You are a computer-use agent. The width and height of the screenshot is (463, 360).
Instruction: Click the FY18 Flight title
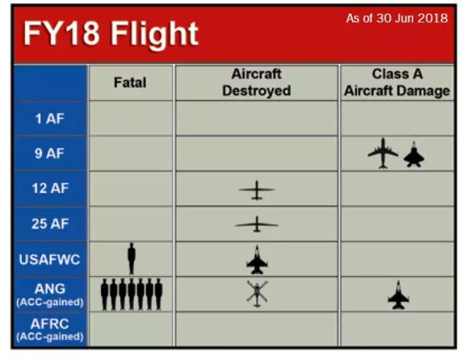tap(110, 34)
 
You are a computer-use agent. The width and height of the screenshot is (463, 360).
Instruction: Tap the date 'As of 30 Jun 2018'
tap(397, 18)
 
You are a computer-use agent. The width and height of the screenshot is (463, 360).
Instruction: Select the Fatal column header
tap(130, 83)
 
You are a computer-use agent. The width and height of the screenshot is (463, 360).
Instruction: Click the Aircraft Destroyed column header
tap(256, 83)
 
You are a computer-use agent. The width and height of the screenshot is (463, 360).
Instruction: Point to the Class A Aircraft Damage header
tap(397, 83)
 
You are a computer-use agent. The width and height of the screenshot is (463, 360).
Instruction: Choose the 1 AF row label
tap(49, 119)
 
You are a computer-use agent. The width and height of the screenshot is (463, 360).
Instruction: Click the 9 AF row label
tap(49, 153)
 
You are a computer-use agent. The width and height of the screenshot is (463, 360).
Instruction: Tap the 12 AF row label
tap(50, 188)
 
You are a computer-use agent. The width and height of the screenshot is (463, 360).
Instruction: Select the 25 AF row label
tap(50, 224)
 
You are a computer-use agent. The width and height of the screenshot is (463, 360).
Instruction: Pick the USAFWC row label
tap(49, 259)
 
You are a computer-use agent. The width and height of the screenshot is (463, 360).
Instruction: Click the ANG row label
tap(50, 294)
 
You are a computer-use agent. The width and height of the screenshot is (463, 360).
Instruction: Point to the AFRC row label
tap(50, 329)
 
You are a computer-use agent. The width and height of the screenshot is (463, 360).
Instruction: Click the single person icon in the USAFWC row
tap(132, 259)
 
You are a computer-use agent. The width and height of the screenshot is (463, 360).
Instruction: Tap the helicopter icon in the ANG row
tap(257, 294)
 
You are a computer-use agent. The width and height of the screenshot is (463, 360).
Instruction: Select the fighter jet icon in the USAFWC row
tap(257, 259)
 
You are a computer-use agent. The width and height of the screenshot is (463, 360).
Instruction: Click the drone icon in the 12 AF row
tap(256, 190)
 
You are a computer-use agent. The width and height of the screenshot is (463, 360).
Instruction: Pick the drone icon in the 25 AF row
tap(256, 225)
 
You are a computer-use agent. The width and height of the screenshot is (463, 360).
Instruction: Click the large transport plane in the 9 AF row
tap(383, 153)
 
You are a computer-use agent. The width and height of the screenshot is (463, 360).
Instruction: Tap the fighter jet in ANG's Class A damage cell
tap(398, 295)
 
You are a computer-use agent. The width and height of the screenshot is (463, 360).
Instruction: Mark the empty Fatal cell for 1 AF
tap(131, 118)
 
